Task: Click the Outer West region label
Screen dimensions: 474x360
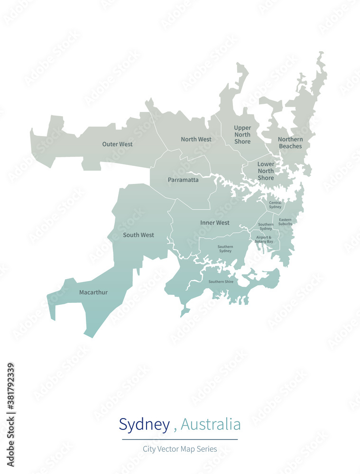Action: (x=117, y=144)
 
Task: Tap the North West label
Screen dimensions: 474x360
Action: (x=196, y=139)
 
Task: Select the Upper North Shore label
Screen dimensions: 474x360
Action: (x=242, y=135)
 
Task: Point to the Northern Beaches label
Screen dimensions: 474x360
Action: (x=290, y=143)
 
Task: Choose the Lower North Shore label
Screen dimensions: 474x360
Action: (x=266, y=171)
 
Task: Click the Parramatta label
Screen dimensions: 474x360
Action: (x=183, y=180)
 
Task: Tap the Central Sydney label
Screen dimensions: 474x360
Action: (x=275, y=205)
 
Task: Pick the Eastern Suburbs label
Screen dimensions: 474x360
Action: (x=286, y=222)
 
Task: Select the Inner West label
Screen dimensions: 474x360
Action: (x=215, y=223)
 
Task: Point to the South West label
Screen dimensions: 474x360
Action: (x=138, y=235)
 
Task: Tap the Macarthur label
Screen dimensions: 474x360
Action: (x=93, y=292)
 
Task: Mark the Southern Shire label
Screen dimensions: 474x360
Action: (x=221, y=282)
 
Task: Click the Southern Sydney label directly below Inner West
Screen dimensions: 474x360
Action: (x=225, y=249)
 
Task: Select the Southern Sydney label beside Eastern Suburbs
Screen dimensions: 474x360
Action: (x=266, y=227)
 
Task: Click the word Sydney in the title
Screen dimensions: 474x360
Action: (x=144, y=424)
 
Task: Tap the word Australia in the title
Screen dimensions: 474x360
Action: (x=211, y=424)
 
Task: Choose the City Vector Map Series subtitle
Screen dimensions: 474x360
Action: (x=180, y=449)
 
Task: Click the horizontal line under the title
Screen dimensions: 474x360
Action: (x=180, y=439)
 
